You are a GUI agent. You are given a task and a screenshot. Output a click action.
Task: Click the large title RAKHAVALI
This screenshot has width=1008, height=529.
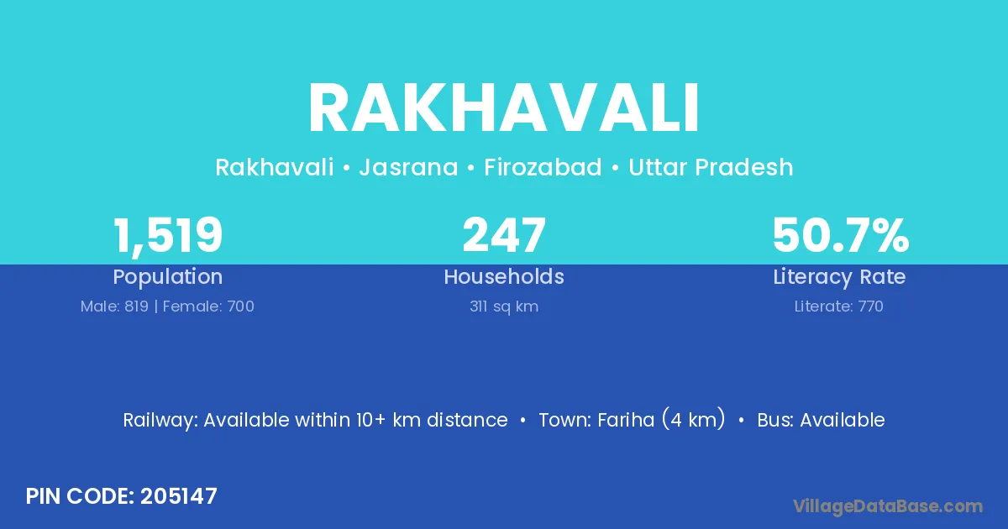(x=503, y=108)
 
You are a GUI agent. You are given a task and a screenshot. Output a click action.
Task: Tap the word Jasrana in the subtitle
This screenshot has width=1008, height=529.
(x=408, y=167)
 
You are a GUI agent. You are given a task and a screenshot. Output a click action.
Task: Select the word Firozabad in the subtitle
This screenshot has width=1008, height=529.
(x=543, y=167)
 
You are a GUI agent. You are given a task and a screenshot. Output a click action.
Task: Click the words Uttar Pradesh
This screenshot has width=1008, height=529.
(x=711, y=167)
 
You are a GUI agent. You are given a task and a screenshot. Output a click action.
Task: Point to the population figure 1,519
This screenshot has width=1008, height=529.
(x=168, y=236)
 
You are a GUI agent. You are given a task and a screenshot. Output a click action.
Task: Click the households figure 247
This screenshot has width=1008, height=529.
(x=504, y=235)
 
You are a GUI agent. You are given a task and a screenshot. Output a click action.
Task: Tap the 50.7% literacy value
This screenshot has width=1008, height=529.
(x=840, y=235)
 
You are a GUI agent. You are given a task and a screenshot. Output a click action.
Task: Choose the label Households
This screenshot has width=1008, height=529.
(x=504, y=276)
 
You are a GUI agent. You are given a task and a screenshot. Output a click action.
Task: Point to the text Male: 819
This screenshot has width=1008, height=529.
(x=114, y=306)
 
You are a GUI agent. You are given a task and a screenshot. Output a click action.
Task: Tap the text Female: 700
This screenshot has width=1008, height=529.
(x=208, y=306)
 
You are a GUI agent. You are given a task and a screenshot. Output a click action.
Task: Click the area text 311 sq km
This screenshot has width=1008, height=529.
(x=504, y=306)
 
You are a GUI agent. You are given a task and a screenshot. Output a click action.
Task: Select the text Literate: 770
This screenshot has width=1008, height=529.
(x=839, y=306)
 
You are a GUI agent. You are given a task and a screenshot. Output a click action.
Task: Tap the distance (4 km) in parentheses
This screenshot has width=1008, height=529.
(x=694, y=419)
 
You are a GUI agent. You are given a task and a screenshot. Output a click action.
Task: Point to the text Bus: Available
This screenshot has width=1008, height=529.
(x=821, y=420)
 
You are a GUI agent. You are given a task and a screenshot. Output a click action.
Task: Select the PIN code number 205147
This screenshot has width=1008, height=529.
(x=179, y=496)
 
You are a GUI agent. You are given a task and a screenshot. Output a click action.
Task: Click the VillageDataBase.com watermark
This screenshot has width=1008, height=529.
(x=887, y=506)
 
